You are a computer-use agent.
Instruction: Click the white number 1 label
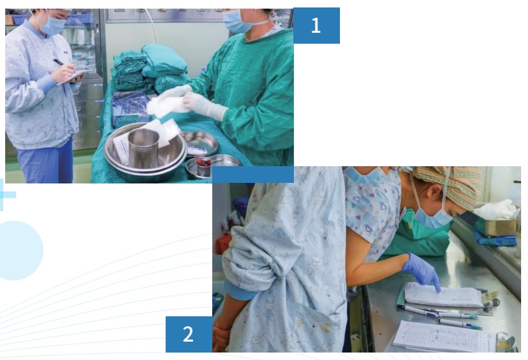pos(316,25)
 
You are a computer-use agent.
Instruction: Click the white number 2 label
pos(188,334)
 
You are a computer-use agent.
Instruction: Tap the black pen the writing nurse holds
pos(58,62)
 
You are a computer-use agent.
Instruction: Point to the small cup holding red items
pos(204,167)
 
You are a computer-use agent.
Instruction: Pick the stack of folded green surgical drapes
pos(148,69)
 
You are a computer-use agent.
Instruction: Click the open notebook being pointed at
pos(444,296)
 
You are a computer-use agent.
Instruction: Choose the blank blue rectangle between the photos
pos(253,174)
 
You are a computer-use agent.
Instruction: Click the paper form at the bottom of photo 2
pos(444,337)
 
